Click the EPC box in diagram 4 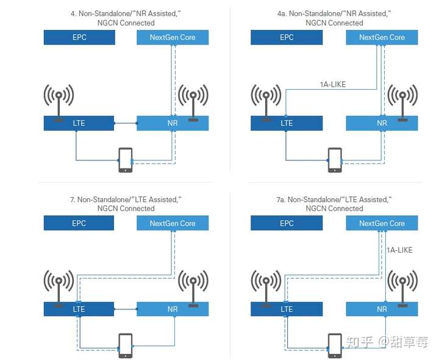point(79,37)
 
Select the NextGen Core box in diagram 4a point(382,37)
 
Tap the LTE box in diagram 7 point(79,309)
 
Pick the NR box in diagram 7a point(382,309)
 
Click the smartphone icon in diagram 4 point(125,160)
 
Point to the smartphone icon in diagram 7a point(335,346)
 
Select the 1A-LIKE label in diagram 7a point(400,250)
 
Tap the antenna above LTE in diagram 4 point(59,101)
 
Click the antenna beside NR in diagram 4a point(402,101)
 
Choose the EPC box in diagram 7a point(287,223)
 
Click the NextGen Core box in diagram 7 point(173,223)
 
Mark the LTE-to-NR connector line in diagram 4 point(126,123)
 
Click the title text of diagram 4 point(126,18)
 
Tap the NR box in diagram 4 point(173,123)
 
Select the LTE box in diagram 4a point(287,123)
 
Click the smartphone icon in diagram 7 point(125,346)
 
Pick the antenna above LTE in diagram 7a point(267,287)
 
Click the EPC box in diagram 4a point(287,37)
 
